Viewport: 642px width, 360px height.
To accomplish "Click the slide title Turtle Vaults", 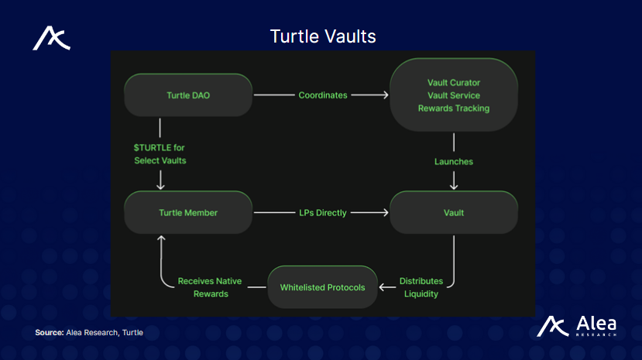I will click(322, 36).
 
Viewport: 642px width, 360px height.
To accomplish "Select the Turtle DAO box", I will click(188, 95).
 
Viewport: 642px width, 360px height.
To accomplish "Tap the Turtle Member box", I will click(188, 212).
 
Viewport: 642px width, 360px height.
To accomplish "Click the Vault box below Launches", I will click(454, 212).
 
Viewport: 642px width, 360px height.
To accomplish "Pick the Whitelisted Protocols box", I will click(322, 287).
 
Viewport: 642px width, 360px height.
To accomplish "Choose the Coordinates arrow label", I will click(322, 95).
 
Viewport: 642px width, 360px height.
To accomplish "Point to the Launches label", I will click(454, 162).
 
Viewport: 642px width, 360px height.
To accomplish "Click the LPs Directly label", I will click(322, 212).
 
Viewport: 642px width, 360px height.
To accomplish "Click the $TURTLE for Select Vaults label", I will click(160, 154).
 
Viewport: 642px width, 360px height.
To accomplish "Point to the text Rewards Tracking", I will click(454, 108).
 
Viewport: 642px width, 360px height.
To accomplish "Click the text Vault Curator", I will click(454, 82).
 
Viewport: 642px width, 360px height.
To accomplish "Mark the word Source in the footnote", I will click(49, 332).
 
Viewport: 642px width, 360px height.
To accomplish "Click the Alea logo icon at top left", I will click(51, 39).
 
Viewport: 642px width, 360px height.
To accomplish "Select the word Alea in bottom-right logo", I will click(596, 322).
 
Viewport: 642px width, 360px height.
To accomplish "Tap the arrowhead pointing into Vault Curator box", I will click(384, 95).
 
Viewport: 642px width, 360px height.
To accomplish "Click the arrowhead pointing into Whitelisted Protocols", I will click(382, 287).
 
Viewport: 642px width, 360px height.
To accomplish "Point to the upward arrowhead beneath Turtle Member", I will click(160, 240).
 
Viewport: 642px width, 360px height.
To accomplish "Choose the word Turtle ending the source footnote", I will click(133, 332).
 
